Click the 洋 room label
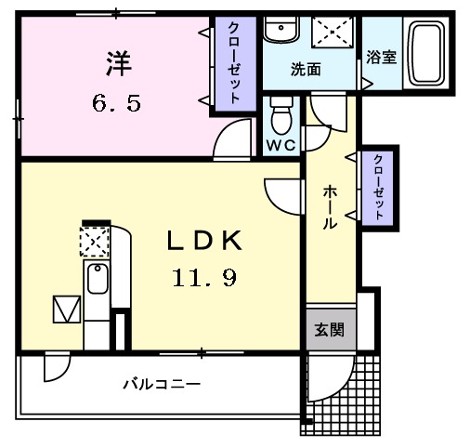[118, 65]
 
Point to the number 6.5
[116, 103]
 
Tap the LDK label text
[204, 241]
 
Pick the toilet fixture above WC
[280, 117]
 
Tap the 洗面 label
[306, 69]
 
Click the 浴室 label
[381, 57]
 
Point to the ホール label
[330, 206]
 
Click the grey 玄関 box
[329, 328]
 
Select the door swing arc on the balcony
[55, 367]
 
